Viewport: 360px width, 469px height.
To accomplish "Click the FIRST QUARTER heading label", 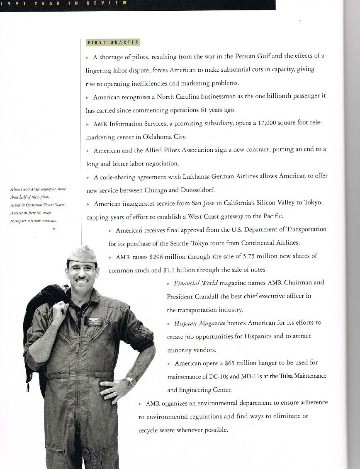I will pyautogui.click(x=113, y=42).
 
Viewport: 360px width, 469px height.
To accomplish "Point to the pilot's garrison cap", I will pyautogui.click(x=82, y=254).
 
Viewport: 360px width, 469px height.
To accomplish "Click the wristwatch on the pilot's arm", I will pyautogui.click(x=131, y=381).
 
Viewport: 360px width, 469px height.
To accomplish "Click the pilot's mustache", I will pyautogui.click(x=82, y=280).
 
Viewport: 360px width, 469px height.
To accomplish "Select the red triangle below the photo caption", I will pyautogui.click(x=54, y=228).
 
